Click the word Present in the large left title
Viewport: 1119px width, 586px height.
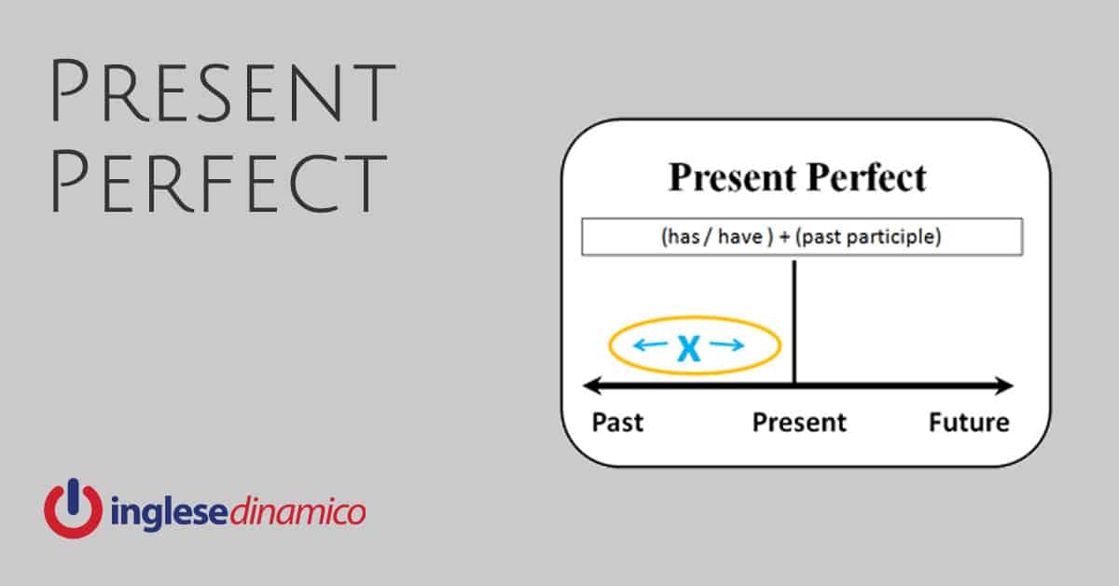point(223,91)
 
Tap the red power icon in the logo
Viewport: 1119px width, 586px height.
point(74,508)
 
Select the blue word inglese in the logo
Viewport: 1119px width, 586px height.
point(169,512)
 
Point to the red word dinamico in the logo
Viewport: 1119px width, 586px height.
point(297,511)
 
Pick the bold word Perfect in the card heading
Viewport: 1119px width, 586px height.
point(866,177)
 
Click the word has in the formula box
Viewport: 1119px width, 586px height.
point(684,236)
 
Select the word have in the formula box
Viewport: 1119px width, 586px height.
point(740,236)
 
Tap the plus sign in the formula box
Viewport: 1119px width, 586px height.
point(784,237)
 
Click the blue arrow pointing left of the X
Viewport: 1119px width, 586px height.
point(651,344)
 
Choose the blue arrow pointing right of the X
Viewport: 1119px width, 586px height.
point(726,344)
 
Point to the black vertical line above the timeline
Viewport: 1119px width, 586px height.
point(794,323)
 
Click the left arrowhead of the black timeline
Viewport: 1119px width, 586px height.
point(592,385)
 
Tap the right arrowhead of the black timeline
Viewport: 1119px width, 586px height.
point(1004,385)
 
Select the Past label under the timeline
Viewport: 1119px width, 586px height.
point(617,423)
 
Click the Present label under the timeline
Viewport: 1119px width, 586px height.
point(799,423)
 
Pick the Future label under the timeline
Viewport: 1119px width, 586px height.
point(969,423)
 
